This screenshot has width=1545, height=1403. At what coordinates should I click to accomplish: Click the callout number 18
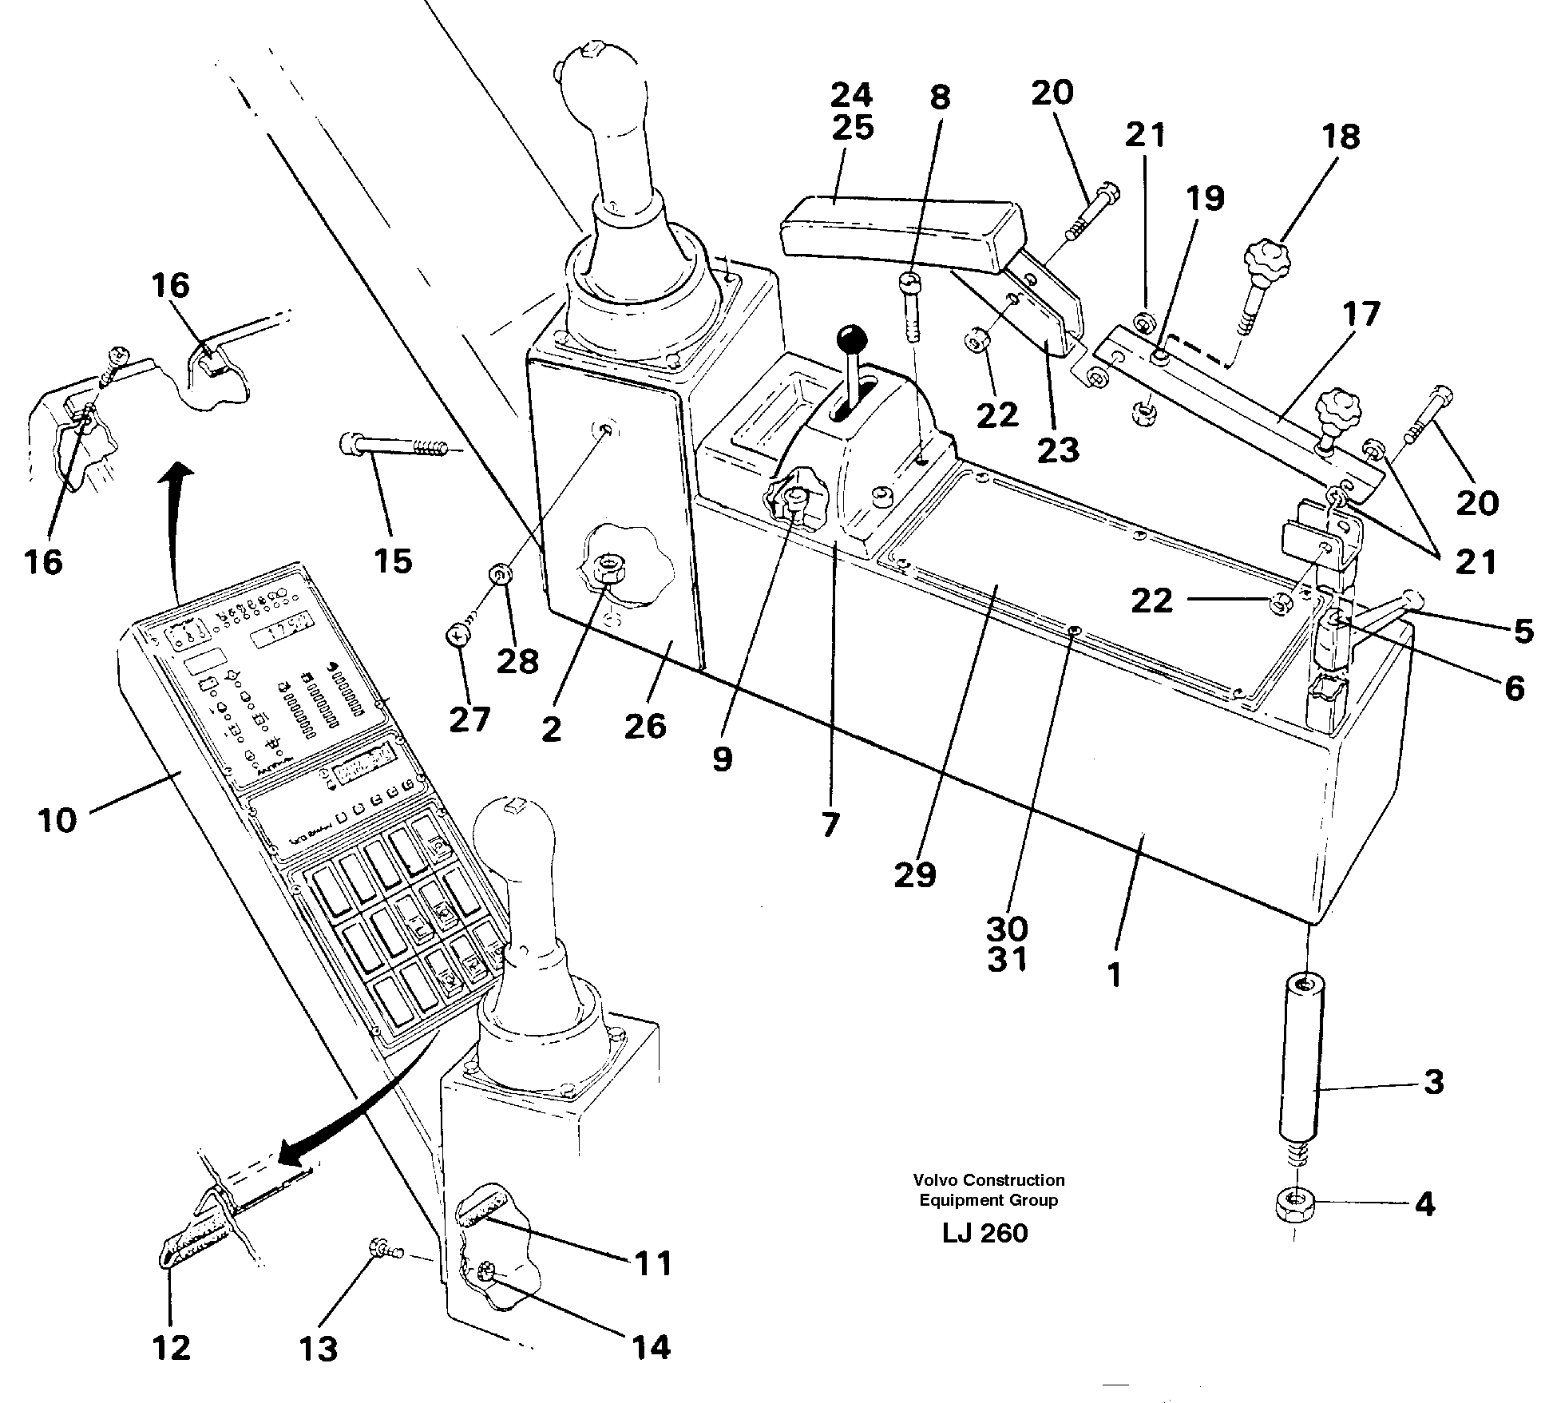pos(1341,137)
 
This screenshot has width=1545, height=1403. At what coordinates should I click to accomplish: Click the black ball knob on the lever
pos(853,339)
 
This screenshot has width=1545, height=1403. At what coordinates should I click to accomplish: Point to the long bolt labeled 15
pos(395,446)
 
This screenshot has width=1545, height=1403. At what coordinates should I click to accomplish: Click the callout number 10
pos(57,820)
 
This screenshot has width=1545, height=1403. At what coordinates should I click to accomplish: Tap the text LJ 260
pos(985,1233)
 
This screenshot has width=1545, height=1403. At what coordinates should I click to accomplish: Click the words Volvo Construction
pos(989,1179)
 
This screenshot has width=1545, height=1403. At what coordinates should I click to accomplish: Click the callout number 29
pos(915,875)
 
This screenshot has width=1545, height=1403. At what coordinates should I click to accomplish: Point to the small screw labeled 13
pos(380,1247)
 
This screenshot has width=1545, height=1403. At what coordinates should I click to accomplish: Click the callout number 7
pos(830,824)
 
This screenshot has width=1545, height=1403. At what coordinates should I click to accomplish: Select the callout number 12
pos(172,1348)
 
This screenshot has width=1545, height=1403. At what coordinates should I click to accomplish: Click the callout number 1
pos(1115,974)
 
